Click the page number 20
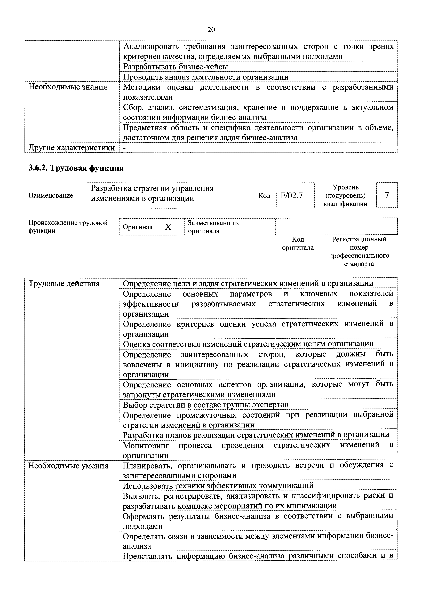211,30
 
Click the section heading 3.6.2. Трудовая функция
76,168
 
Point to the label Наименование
51,195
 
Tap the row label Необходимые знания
68,87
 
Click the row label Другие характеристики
71,148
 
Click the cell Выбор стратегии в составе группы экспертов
205,405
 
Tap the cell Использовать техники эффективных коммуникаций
218,485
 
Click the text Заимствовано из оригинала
213,227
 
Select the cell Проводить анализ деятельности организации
205,77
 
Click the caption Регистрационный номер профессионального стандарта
359,251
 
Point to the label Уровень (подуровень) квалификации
345,195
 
